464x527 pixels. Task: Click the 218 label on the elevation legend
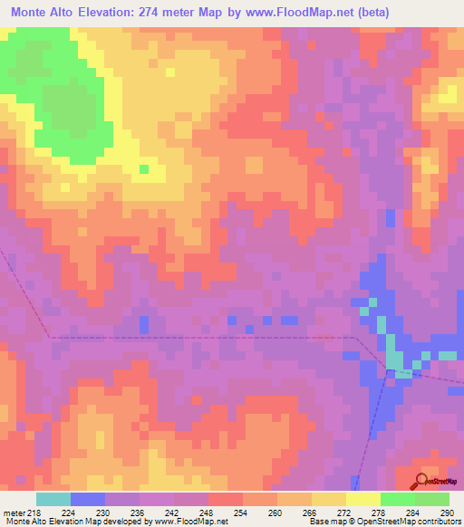tap(34, 512)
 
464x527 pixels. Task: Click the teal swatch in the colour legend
tap(53, 499)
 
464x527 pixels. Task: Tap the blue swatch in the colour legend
tap(87, 499)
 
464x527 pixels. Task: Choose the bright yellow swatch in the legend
tap(363, 499)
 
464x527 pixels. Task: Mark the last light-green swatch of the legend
tap(432, 499)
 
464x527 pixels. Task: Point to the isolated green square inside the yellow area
tap(143, 168)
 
